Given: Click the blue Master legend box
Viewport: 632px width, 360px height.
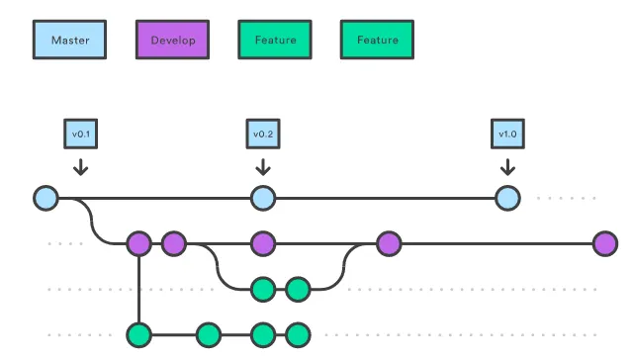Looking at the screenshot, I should (x=69, y=41).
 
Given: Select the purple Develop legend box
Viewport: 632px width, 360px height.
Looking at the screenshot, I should (x=172, y=41).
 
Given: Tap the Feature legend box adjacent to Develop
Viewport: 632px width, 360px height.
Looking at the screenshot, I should (x=274, y=41).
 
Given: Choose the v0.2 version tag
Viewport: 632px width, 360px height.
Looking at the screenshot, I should (x=261, y=134).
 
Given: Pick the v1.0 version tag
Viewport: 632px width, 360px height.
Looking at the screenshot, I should (x=506, y=134).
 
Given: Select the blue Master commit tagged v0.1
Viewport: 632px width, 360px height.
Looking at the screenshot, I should (x=45, y=198).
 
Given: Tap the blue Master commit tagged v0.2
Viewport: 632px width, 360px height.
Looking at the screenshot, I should (x=261, y=198).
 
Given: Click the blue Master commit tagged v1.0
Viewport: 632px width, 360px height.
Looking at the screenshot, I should (x=506, y=198).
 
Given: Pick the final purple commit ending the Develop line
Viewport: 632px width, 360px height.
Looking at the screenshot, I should (x=604, y=243).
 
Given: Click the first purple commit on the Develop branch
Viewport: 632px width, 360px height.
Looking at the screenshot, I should (x=138, y=243).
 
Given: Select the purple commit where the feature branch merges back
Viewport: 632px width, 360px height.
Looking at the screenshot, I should (x=388, y=243).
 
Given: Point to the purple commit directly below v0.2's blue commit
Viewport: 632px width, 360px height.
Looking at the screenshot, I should (x=261, y=243).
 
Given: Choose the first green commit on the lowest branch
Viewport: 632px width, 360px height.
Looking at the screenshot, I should (x=138, y=333).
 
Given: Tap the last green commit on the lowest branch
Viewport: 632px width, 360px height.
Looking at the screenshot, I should (x=298, y=333).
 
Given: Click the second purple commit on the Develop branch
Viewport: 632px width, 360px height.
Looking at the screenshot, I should (x=174, y=243).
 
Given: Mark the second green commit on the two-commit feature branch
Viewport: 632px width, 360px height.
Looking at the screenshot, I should (x=298, y=289).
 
